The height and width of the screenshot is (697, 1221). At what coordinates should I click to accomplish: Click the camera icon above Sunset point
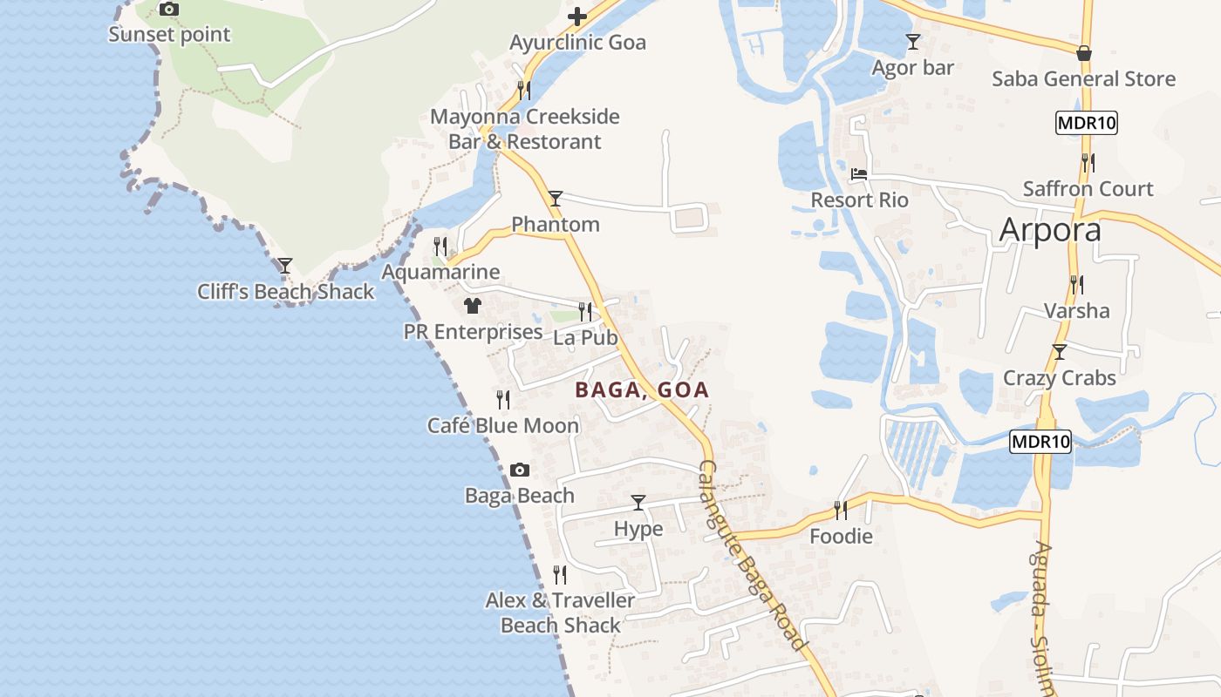pos(168,10)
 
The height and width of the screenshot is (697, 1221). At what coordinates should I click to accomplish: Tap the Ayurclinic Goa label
pos(577,43)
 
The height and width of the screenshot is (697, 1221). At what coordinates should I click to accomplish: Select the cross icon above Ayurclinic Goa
pos(577,16)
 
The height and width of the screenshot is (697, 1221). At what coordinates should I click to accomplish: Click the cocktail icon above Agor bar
pos(913,41)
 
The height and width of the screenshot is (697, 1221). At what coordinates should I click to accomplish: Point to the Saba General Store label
pos(1083,79)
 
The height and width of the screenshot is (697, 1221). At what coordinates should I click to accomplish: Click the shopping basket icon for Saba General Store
pos(1084,53)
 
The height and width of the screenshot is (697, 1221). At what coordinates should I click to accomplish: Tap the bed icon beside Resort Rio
pos(859,173)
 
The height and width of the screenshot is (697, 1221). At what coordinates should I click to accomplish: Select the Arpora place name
pos(1050,229)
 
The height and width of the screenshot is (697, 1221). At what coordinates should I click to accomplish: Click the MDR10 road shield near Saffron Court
pos(1086,123)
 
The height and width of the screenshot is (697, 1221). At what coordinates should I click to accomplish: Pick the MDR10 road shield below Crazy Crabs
pos(1040,442)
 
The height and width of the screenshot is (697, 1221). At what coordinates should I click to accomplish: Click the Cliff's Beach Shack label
pos(285,292)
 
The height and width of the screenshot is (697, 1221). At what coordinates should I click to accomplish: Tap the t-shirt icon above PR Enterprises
pos(473,306)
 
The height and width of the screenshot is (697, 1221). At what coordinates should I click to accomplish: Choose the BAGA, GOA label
pos(642,390)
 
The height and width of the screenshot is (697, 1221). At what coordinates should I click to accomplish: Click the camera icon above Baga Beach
pos(520,470)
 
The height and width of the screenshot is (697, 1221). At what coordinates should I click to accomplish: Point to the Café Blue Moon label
pos(503,426)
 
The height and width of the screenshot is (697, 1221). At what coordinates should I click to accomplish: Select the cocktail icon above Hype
pos(638,503)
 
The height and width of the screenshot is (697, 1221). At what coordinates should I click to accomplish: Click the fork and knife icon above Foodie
pos(841,510)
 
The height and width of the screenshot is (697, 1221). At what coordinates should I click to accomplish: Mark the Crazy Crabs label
pos(1059,378)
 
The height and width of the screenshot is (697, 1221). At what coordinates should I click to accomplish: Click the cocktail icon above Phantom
pos(556,199)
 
